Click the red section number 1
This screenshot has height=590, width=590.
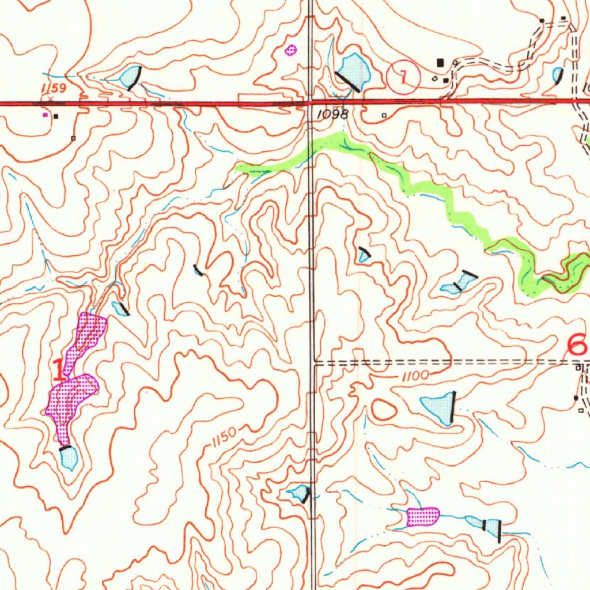(x=58, y=370)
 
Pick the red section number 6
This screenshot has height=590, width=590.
(x=577, y=346)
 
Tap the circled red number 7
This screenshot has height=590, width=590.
(x=403, y=78)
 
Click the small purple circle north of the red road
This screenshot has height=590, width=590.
(x=291, y=51)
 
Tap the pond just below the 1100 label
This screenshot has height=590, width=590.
(x=440, y=407)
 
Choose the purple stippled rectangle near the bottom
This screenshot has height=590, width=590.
(x=422, y=516)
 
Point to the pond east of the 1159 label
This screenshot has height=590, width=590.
(x=131, y=76)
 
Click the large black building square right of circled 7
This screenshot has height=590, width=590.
(x=441, y=62)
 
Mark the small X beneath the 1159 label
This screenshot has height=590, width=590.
(x=51, y=99)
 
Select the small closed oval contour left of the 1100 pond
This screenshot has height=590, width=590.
(x=384, y=410)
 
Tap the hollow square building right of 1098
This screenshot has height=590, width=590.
(x=384, y=116)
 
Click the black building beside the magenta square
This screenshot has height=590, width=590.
(x=56, y=116)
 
